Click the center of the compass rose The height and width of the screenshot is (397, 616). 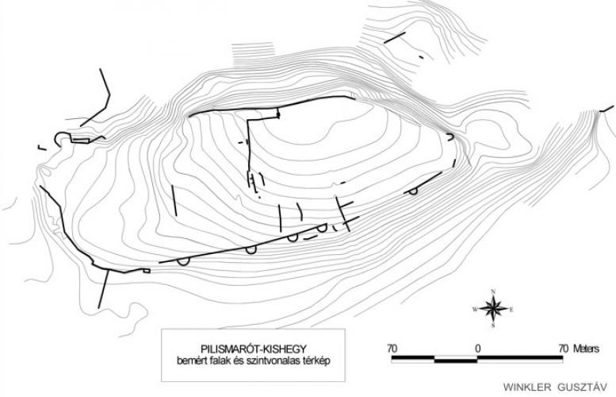[493, 307]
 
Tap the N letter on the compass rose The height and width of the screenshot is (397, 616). [493, 291]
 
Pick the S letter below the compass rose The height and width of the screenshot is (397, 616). [493, 324]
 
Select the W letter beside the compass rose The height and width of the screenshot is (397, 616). [476, 308]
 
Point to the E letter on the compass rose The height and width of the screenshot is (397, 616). [511, 308]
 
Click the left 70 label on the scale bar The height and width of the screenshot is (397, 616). [392, 348]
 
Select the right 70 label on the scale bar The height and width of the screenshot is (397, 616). [563, 348]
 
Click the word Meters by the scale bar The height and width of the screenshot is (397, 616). [587, 348]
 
